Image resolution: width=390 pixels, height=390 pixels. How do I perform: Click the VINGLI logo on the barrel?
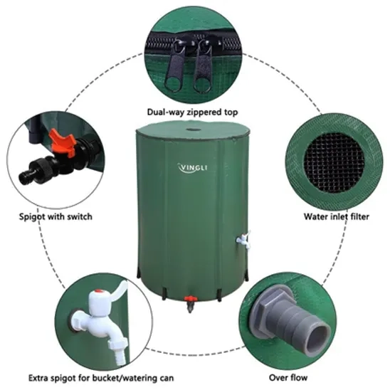(193, 168)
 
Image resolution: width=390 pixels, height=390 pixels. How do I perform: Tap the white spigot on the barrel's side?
(243, 240)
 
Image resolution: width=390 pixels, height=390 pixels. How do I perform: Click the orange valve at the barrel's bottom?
(191, 298)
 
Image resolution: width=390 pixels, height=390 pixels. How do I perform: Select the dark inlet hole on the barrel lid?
(193, 130)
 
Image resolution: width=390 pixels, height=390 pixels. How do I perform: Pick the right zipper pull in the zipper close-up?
(203, 66)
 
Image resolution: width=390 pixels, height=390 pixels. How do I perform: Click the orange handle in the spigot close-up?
(63, 142)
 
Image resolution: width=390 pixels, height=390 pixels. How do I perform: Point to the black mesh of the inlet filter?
(334, 162)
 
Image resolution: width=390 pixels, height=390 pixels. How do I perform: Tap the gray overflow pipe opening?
(319, 338)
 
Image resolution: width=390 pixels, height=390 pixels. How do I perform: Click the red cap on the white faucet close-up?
(98, 290)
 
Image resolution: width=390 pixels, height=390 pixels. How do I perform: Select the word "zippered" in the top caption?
(205, 112)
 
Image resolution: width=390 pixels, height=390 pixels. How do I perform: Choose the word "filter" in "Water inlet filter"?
(357, 216)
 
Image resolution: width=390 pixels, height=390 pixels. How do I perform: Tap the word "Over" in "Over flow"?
(278, 378)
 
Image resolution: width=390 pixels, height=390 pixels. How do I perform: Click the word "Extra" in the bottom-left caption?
(38, 378)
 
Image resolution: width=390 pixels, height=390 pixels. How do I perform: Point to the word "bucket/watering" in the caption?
(118, 379)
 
